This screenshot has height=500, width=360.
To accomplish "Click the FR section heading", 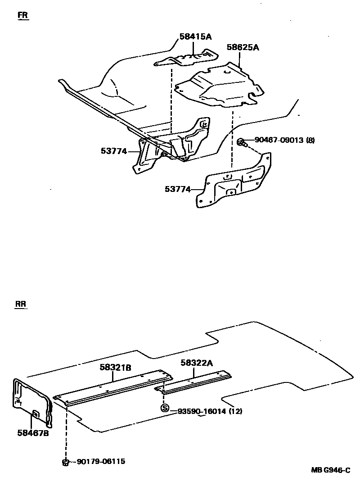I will coord(22,15).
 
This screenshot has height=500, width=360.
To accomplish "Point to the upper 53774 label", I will coord(114,151).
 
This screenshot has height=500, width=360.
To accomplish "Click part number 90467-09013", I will coord(279,140).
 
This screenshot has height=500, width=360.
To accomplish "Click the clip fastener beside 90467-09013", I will coord(241,142).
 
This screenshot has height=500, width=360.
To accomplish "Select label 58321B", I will coord(115,368).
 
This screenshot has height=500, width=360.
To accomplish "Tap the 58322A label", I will coord(197,362).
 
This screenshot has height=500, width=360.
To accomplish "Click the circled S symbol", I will coord(165,409).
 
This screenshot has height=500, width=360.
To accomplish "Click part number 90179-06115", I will coord(101,462).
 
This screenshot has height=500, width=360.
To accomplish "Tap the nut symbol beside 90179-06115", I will coord(66,461).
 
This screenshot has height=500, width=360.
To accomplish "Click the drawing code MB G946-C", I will coord(330,470).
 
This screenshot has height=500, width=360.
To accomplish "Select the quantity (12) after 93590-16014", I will coord(235,411).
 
